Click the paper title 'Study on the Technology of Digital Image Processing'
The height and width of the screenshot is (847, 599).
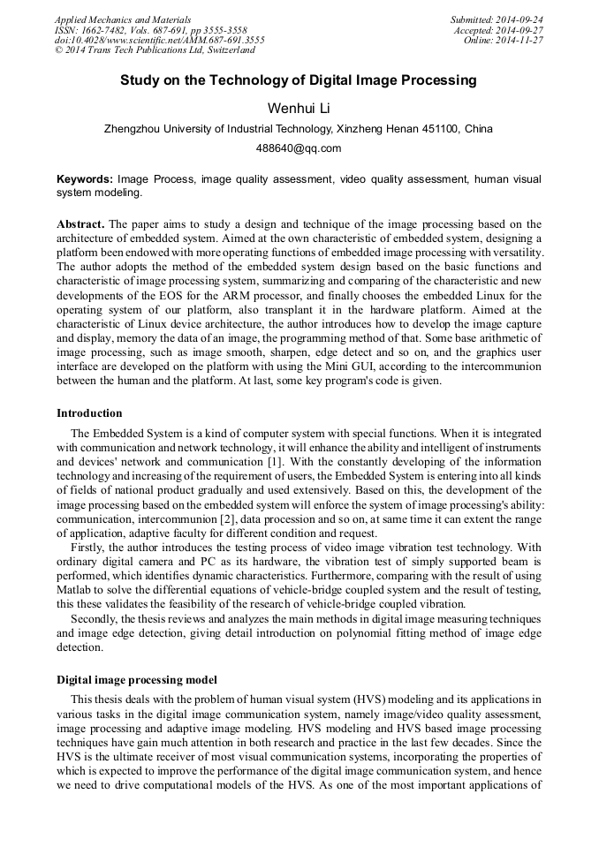(x=299, y=80)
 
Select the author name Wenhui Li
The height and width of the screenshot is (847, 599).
(x=299, y=107)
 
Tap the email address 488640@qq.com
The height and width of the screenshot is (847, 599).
(x=299, y=148)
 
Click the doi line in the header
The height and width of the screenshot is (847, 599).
(x=159, y=41)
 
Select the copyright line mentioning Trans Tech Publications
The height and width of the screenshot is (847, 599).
(x=155, y=51)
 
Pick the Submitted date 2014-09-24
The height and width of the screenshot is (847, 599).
(x=497, y=19)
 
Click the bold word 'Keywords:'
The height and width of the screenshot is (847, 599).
(x=85, y=179)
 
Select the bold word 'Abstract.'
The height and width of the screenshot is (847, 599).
(x=80, y=224)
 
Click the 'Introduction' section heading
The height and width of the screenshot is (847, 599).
(x=89, y=413)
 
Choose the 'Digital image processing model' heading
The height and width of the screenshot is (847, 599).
(x=136, y=680)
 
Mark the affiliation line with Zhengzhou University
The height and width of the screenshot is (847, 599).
(x=299, y=129)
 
